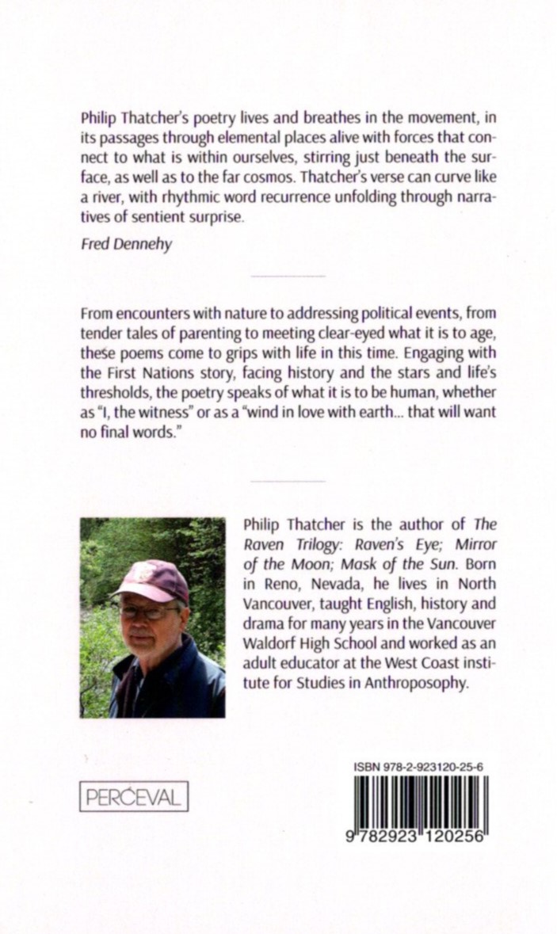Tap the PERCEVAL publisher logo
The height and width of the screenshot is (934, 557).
pos(133,796)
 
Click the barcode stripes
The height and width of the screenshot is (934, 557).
pos(420,802)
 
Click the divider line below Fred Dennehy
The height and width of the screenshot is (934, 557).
pos(287,276)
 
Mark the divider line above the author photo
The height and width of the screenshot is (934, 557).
pos(287,481)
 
